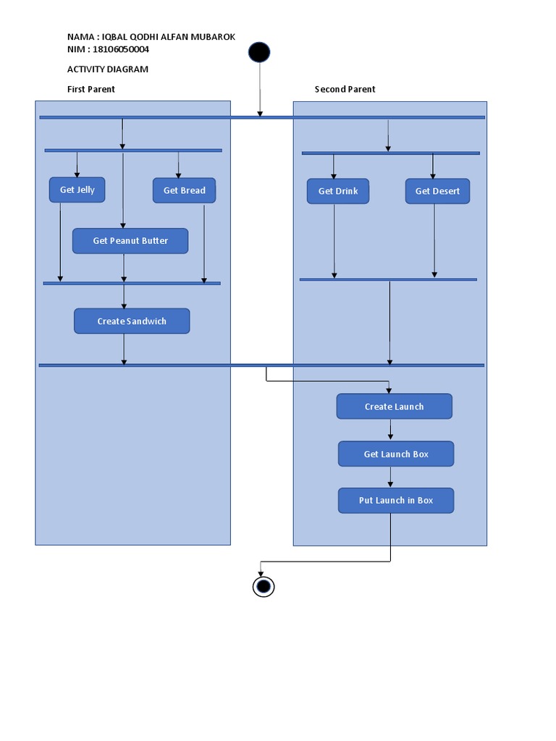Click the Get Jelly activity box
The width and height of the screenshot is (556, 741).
[77, 190]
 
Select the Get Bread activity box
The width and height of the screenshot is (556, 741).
[184, 190]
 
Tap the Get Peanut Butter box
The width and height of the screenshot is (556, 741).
[130, 241]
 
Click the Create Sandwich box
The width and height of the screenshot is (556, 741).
[132, 321]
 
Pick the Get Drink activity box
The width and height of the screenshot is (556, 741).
[337, 191]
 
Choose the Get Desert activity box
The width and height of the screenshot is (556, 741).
[437, 191]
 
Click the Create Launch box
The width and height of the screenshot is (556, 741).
[394, 407]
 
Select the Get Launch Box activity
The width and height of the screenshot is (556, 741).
[396, 454]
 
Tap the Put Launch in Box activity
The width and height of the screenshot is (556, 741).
[396, 500]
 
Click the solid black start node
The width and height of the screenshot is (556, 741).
[259, 52]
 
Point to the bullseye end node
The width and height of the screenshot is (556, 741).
[264, 586]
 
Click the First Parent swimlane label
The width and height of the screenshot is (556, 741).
[91, 89]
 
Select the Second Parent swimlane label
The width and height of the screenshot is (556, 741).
[345, 89]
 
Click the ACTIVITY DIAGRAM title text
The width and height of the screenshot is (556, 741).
[107, 69]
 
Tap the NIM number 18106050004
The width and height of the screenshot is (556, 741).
[122, 49]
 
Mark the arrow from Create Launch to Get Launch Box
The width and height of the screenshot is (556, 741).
[391, 430]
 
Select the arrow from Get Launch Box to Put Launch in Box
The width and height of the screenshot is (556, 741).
[391, 477]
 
